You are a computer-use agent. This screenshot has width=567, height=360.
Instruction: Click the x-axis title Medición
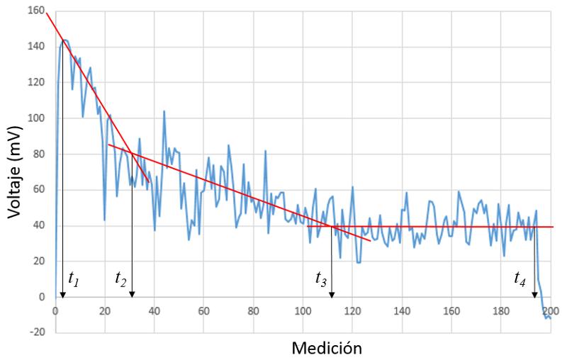pos(330,347)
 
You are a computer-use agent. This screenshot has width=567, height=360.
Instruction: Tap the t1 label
pos(73,279)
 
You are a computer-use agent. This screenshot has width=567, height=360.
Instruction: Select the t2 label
pos(120,279)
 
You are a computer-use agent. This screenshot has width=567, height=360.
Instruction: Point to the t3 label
pos(321,279)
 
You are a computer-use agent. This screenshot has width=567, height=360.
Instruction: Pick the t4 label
pos(520,279)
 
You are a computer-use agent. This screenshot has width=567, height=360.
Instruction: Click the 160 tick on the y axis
pos(34,11)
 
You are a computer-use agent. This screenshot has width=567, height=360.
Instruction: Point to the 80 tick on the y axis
pos(37,154)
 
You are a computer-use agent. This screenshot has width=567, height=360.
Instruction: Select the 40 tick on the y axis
pos(37,225)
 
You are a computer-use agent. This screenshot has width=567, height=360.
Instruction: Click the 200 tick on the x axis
pos(551,310)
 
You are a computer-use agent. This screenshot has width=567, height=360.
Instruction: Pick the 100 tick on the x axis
pos(303,310)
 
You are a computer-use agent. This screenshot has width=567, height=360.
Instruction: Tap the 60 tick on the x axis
pos(204,310)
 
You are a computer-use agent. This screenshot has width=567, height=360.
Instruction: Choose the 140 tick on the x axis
pos(402,310)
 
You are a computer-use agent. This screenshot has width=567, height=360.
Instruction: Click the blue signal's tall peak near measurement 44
pos(164,111)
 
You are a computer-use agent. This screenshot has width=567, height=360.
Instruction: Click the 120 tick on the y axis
pos(34,82)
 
